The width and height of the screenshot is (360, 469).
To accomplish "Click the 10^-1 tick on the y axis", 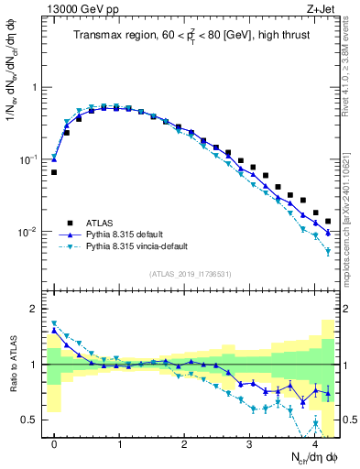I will click(x=30, y=159).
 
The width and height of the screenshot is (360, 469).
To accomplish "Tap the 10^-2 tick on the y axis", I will click(x=30, y=232).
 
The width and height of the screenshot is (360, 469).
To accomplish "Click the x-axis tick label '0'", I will click(x=54, y=443).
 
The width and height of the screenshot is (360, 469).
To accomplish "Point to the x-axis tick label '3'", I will click(x=250, y=443).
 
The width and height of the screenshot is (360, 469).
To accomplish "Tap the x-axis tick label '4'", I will click(x=315, y=443).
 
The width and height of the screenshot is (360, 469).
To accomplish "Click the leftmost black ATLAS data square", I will click(x=54, y=172).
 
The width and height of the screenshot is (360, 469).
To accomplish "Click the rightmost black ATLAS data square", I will click(x=328, y=221).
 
